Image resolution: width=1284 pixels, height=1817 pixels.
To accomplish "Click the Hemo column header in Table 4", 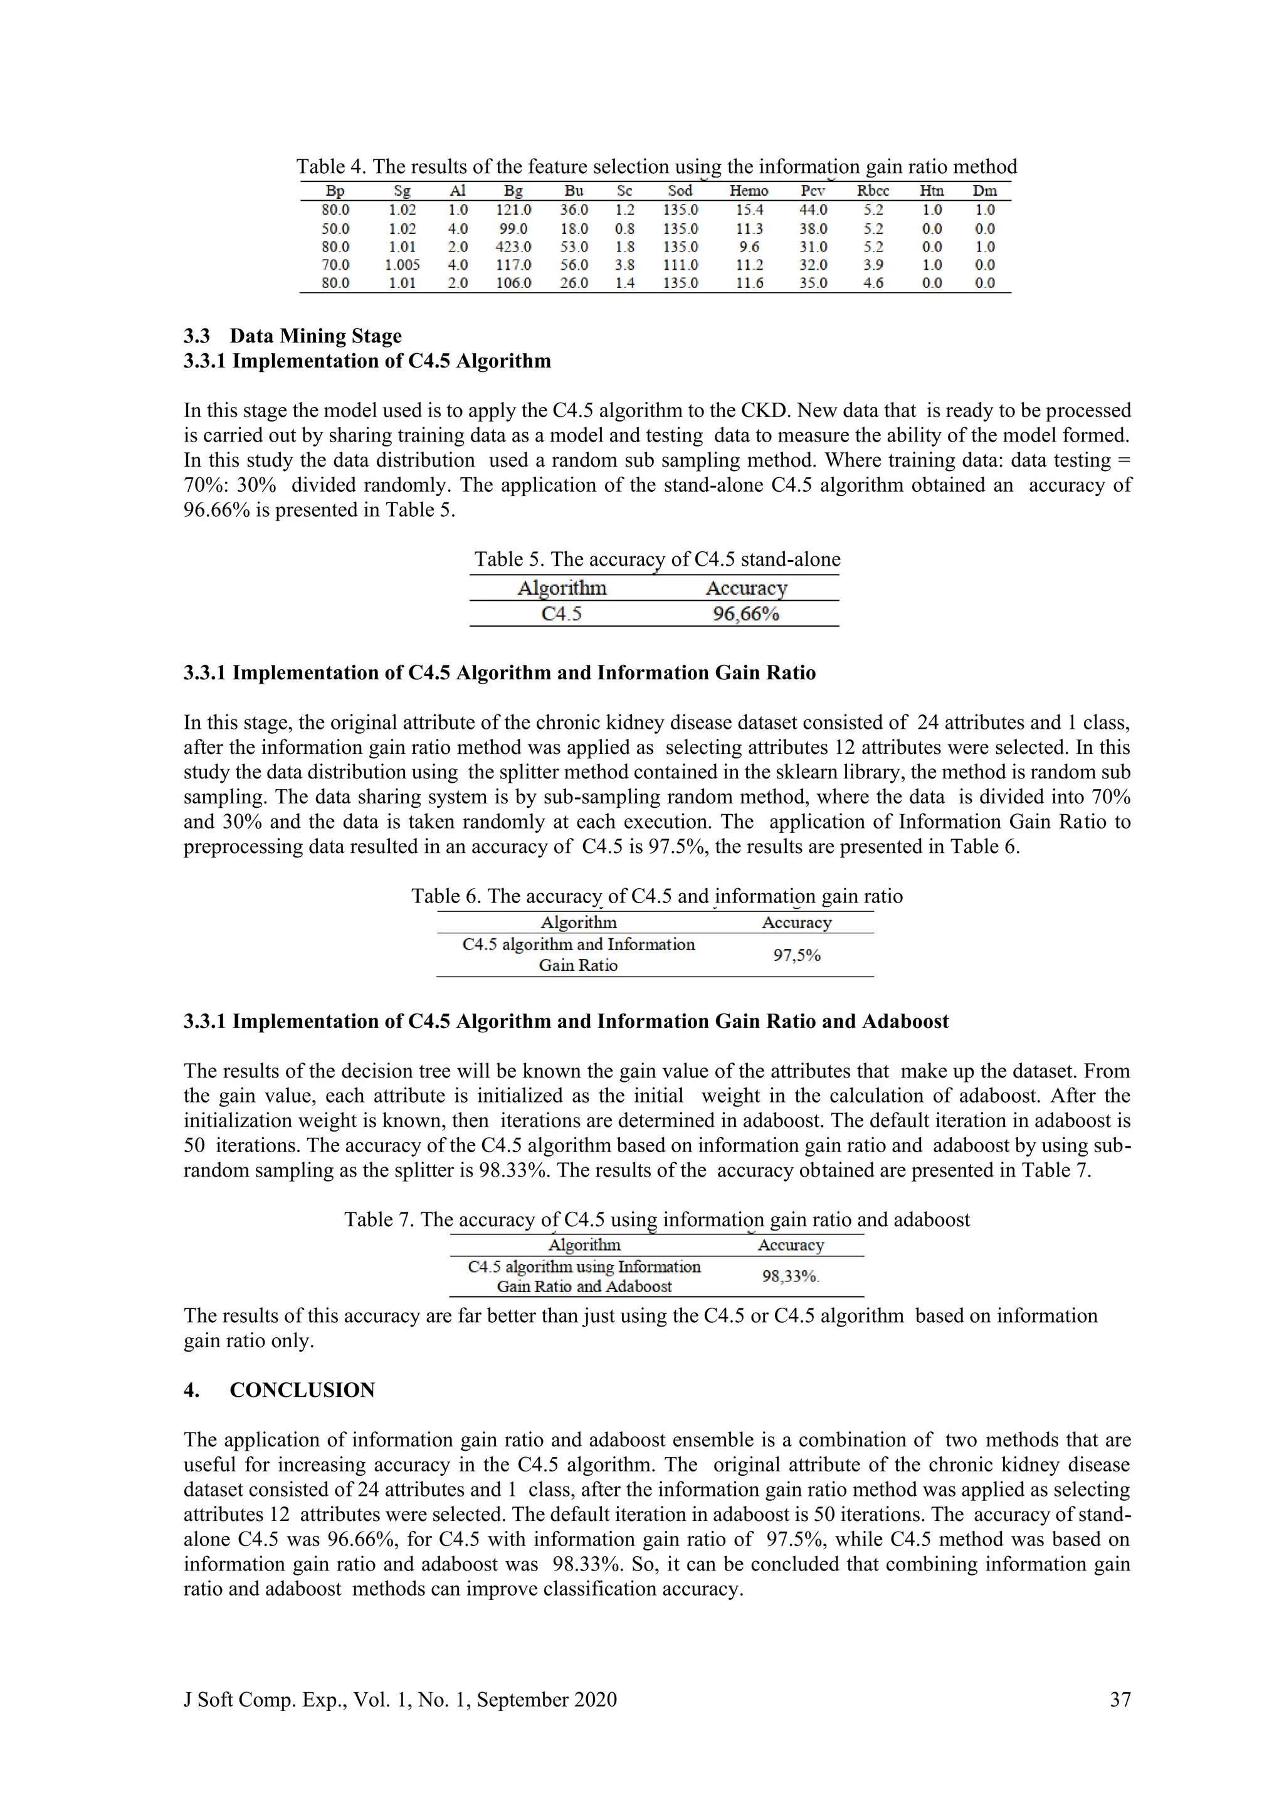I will pyautogui.click(x=749, y=191).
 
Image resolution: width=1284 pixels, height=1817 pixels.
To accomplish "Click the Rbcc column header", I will pyautogui.click(x=873, y=191).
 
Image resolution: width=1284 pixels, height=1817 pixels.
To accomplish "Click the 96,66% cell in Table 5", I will pyautogui.click(x=745, y=614).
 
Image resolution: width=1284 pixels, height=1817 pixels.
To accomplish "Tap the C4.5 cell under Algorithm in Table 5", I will pyautogui.click(x=561, y=614).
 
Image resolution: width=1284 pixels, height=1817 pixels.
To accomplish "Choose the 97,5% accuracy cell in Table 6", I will pyautogui.click(x=797, y=955).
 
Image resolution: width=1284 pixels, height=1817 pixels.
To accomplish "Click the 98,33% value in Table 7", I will pyautogui.click(x=789, y=1276).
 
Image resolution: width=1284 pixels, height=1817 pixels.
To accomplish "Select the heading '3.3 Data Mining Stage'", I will pyautogui.click(x=293, y=336).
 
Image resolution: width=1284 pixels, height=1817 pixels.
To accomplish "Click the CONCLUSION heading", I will pyautogui.click(x=302, y=1391).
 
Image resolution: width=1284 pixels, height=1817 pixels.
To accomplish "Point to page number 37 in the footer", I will pyautogui.click(x=1120, y=1700).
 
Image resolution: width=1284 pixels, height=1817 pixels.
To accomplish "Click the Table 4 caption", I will pyautogui.click(x=656, y=166).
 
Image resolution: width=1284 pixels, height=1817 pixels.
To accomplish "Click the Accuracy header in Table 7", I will pyautogui.click(x=791, y=1246).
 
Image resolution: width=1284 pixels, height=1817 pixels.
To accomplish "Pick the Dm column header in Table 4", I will pyautogui.click(x=984, y=191).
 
